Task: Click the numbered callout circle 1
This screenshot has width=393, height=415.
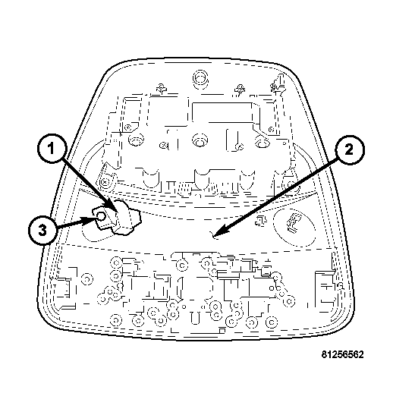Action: (x=51, y=148)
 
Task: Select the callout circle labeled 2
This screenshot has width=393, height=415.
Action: (x=349, y=149)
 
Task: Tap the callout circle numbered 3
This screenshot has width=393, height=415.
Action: (x=42, y=229)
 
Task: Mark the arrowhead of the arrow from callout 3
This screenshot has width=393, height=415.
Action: (x=92, y=219)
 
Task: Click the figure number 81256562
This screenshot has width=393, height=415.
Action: (x=342, y=354)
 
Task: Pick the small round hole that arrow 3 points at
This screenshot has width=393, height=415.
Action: (x=101, y=217)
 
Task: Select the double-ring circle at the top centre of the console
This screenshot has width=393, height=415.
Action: (x=200, y=78)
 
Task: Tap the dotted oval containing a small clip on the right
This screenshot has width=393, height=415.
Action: (x=294, y=227)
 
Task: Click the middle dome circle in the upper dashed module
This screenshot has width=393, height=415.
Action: (x=200, y=140)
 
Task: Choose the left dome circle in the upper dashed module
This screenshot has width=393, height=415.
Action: (x=137, y=140)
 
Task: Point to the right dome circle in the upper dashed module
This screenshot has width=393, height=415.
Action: (x=263, y=140)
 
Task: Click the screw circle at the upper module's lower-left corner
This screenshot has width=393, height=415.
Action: (x=105, y=182)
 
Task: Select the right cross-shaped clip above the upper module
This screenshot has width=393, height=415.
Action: (x=240, y=89)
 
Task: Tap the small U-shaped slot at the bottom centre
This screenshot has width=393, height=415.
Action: (x=195, y=318)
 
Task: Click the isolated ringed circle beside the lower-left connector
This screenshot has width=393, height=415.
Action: (x=87, y=279)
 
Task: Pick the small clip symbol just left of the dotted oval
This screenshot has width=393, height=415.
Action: (x=260, y=221)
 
